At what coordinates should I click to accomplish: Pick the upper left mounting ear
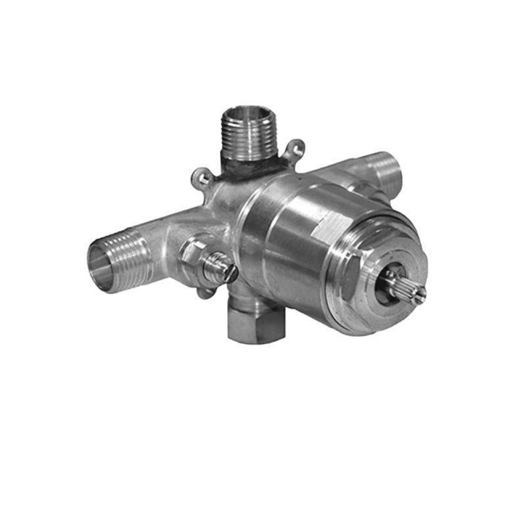[x=202, y=176]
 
